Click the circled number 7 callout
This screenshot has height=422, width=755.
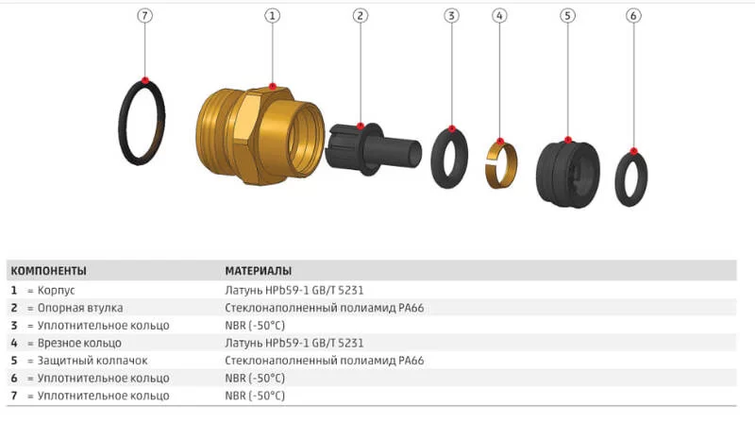click(x=144, y=16)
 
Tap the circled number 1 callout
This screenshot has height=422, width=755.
click(x=272, y=16)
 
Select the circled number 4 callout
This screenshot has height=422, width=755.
click(x=499, y=16)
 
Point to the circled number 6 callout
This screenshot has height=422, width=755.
click(x=633, y=16)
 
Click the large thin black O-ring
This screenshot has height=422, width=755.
click(x=122, y=123)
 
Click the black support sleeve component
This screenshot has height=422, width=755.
click(x=373, y=149)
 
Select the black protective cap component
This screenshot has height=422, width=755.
click(x=568, y=174)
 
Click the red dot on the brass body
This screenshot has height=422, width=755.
click(x=273, y=87)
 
